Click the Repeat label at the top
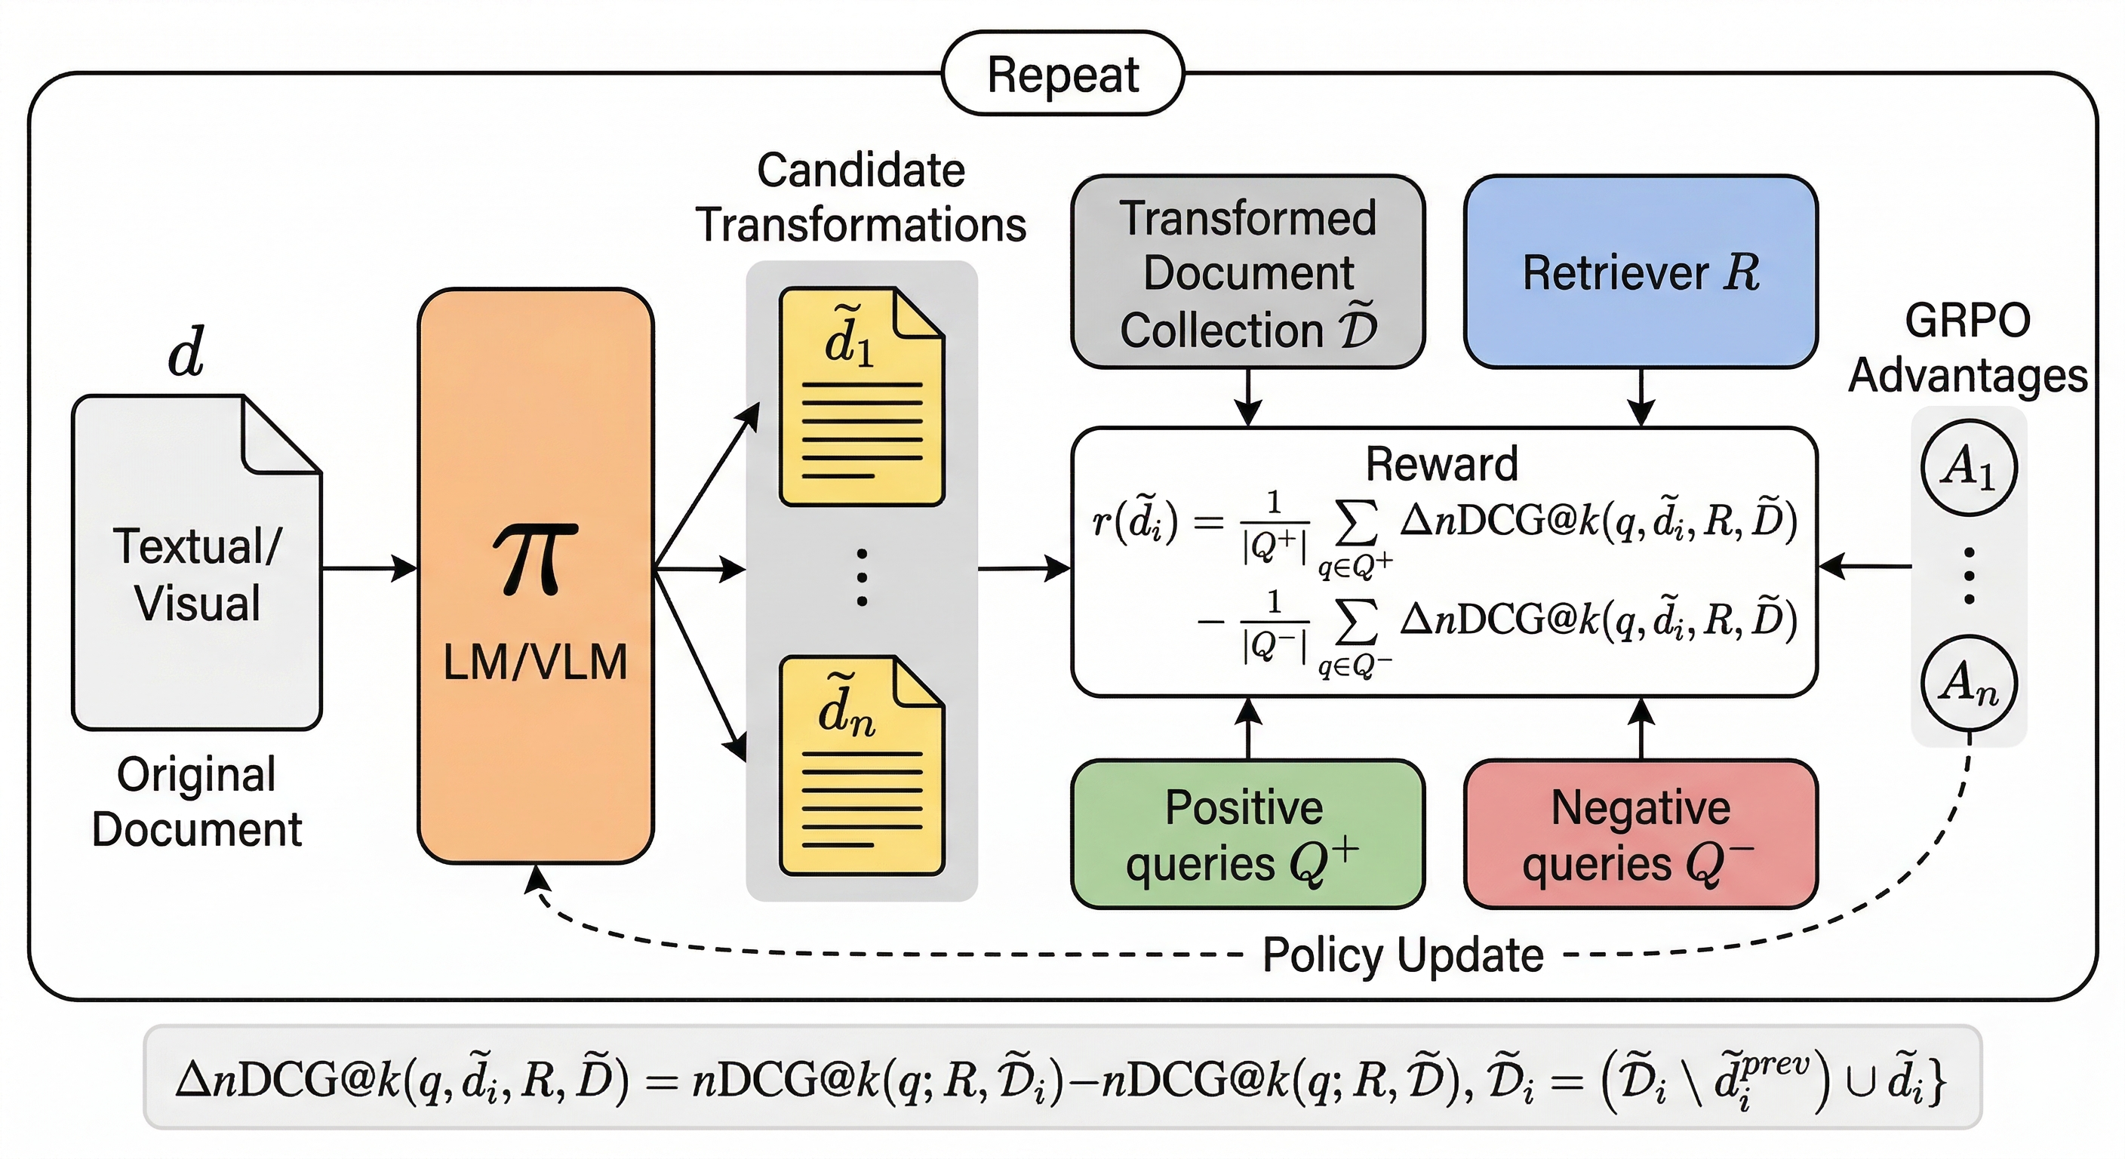point(1062,74)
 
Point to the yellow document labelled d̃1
point(861,397)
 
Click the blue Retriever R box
point(1640,272)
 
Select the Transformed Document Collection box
point(1247,273)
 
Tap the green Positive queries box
point(1247,834)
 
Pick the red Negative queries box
point(1640,834)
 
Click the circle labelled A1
point(1968,468)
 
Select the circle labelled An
point(1968,683)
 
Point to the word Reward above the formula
point(1441,463)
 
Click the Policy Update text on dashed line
point(1402,955)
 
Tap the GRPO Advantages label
point(1967,348)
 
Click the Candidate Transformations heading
point(860,198)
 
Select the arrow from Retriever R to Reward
point(1641,398)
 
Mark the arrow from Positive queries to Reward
point(1248,727)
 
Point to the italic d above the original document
point(186,352)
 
